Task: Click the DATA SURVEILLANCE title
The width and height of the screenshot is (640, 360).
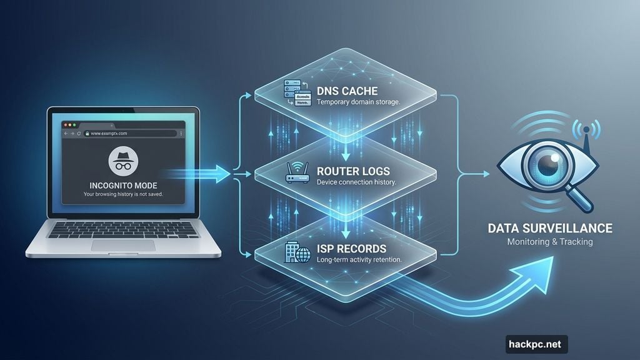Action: pyautogui.click(x=550, y=228)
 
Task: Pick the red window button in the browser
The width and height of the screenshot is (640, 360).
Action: pyautogui.click(x=64, y=125)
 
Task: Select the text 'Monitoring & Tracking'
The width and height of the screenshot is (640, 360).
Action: pyautogui.click(x=550, y=242)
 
